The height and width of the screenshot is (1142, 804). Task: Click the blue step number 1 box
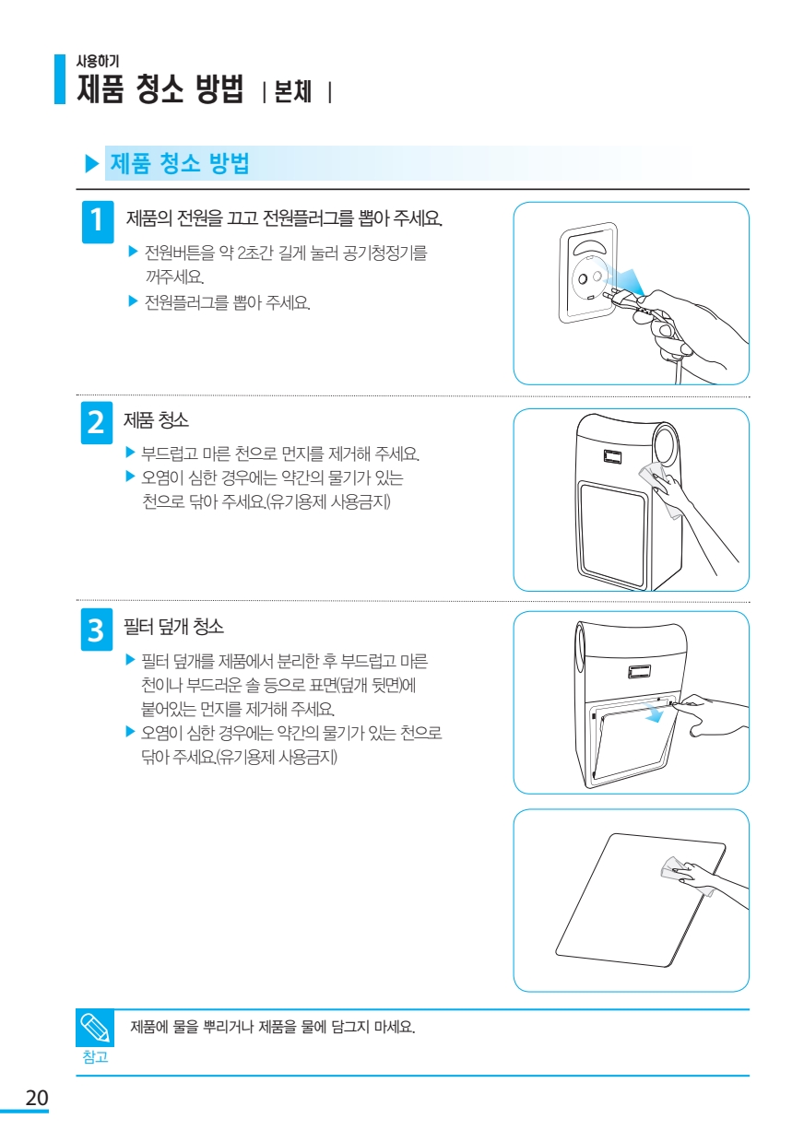[x=98, y=222]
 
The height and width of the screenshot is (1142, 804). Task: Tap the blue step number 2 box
[x=97, y=423]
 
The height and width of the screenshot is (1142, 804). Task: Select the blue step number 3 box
[x=97, y=630]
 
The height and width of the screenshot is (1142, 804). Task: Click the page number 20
[x=37, y=1098]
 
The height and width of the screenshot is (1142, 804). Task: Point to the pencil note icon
[x=95, y=1028]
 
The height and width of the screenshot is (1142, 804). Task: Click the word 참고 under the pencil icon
[x=95, y=1057]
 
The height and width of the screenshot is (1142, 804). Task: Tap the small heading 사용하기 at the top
[x=98, y=61]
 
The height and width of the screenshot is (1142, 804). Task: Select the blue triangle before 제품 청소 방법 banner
[x=92, y=164]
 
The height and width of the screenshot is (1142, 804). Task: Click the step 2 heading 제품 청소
[x=156, y=420]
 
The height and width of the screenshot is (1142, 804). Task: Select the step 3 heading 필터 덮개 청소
[x=173, y=627]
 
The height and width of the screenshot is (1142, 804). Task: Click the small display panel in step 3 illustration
[x=639, y=673]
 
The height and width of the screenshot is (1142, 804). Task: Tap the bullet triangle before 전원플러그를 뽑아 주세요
[x=133, y=301]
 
